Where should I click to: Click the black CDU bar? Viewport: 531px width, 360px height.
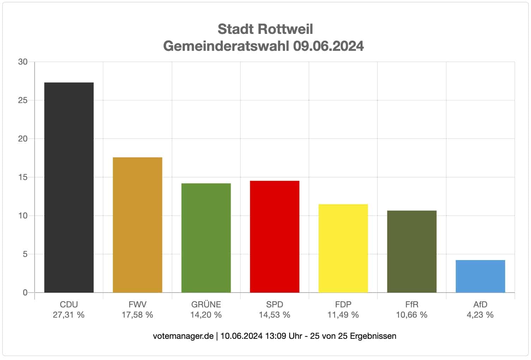click(x=69, y=187)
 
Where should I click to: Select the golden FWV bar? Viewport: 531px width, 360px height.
click(x=137, y=225)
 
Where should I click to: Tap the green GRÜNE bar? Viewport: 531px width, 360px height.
click(x=206, y=238)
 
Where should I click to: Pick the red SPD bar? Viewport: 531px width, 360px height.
click(x=274, y=236)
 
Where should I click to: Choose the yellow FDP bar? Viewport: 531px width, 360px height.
click(x=343, y=248)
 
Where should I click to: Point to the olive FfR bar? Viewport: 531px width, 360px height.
click(x=412, y=251)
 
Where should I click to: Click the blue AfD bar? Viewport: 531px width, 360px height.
click(x=480, y=276)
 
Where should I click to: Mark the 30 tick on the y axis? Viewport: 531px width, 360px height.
click(x=23, y=62)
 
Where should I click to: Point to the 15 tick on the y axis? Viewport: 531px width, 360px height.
click(x=23, y=177)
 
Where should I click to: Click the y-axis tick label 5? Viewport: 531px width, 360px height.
click(x=25, y=254)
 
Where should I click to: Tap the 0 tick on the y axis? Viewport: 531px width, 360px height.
click(x=25, y=293)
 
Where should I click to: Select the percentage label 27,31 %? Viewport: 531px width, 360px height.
click(x=68, y=315)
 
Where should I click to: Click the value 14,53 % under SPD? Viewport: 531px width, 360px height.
click(x=274, y=315)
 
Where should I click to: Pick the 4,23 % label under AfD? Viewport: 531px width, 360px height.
click(x=480, y=315)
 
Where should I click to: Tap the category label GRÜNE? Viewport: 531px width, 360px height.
click(x=206, y=304)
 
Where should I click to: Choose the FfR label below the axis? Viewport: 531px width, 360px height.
click(x=412, y=304)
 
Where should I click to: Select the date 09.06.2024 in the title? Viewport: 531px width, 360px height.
click(x=328, y=46)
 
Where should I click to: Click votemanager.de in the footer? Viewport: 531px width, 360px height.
click(x=183, y=336)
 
